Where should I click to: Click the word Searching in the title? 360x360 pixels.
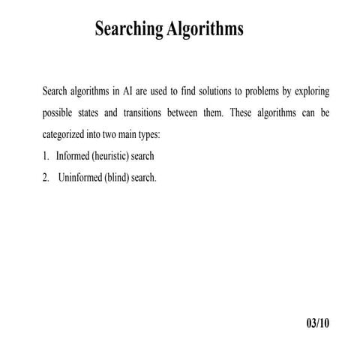[127, 30]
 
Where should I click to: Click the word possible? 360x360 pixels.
[60, 114]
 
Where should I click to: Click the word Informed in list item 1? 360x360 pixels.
[73, 157]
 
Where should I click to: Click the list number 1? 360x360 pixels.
[45, 157]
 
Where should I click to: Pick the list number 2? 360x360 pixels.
[45, 179]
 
